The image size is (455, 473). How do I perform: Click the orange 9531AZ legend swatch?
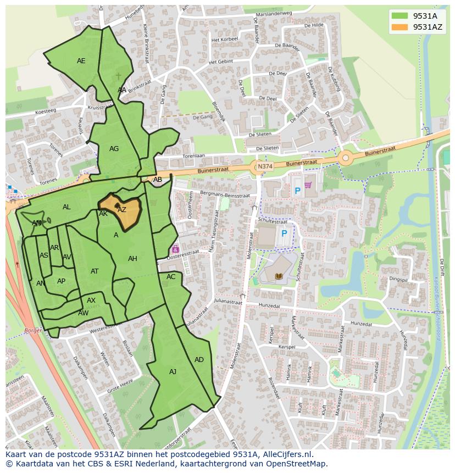click(x=400, y=27)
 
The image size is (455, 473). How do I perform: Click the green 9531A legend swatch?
click(x=400, y=16)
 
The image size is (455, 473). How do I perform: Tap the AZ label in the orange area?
click(x=122, y=209)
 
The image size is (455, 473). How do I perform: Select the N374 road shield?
click(x=264, y=166)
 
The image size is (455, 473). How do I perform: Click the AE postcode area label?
click(x=81, y=61)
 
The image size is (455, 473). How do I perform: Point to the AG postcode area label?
click(x=114, y=148)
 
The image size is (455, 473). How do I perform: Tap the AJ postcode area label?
click(x=173, y=371)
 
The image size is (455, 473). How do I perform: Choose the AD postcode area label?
click(x=199, y=359)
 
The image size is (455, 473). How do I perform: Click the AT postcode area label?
click(x=95, y=271)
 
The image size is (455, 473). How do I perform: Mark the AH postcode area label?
click(x=132, y=258)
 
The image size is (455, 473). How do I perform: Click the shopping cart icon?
click(x=308, y=185)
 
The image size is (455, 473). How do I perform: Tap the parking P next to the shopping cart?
click(x=297, y=191)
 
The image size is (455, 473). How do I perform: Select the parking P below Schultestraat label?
click(x=284, y=233)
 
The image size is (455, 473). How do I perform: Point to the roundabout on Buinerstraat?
click(x=345, y=158)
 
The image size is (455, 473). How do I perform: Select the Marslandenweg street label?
click(x=269, y=15)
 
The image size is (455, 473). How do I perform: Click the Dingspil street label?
click(x=398, y=279)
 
